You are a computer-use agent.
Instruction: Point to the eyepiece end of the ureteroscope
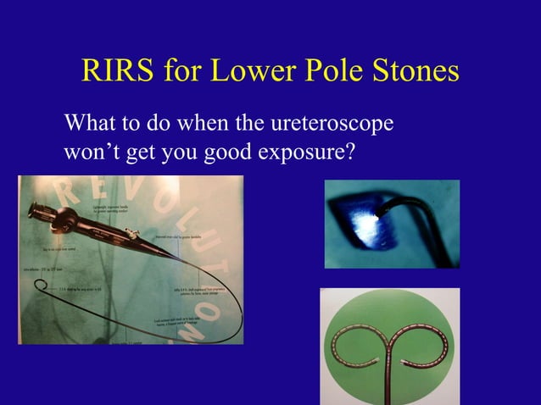tap(37, 211)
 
